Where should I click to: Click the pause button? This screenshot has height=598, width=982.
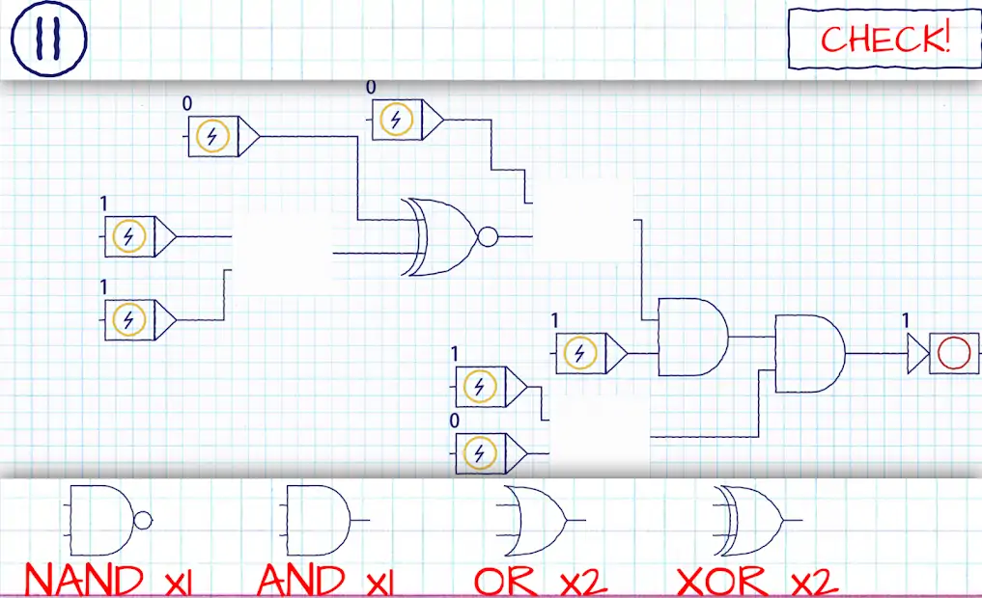[48, 38]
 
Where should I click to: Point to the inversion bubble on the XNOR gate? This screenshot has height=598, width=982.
[488, 236]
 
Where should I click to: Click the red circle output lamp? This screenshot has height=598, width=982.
[954, 354]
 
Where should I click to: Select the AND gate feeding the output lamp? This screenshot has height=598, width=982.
[809, 353]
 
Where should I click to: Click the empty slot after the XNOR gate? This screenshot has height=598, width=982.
[583, 221]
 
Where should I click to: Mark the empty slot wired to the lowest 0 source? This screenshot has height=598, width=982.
[600, 434]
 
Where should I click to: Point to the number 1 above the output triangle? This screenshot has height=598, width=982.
[906, 319]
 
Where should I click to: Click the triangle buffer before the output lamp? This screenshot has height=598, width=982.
[916, 354]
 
